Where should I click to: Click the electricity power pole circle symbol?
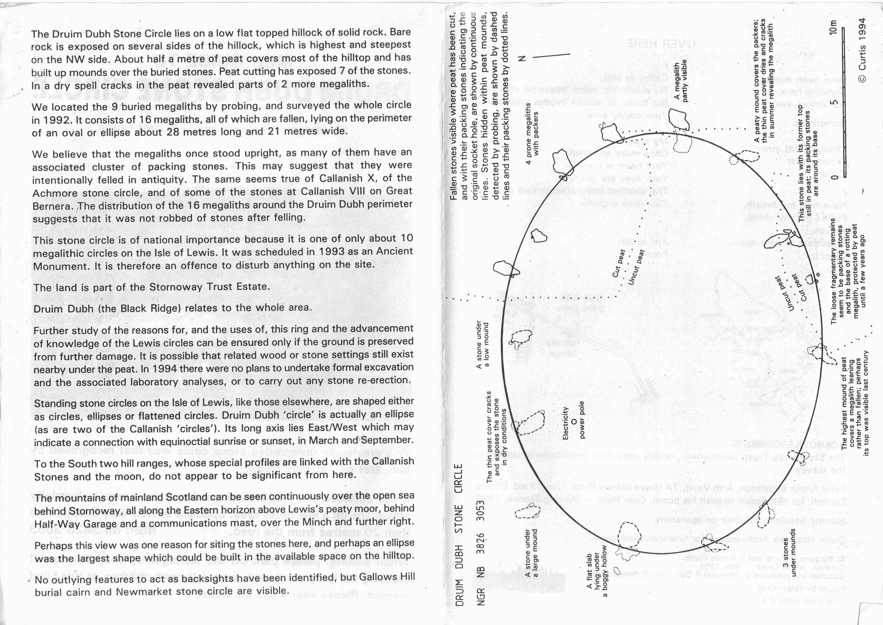tap(573, 422)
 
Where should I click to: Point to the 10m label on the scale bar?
tap(833, 27)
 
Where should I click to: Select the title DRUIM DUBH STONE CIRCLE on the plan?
tap(459, 535)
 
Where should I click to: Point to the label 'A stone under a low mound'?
tap(482, 345)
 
